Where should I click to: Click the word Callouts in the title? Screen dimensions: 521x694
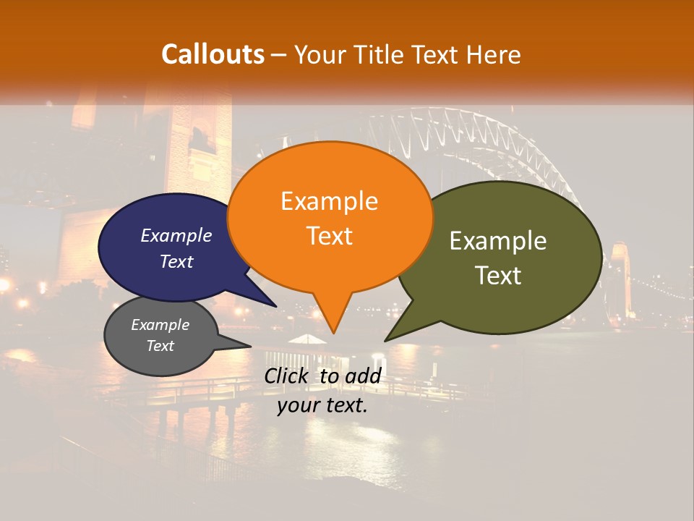[x=213, y=54]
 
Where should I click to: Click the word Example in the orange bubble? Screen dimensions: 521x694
[x=329, y=201]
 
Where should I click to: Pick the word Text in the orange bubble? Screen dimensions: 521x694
[x=329, y=236]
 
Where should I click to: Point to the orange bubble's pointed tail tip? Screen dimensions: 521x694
[x=333, y=333]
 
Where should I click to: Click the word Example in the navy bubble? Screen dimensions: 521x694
[x=176, y=236]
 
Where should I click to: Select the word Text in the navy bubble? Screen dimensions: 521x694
[x=176, y=261]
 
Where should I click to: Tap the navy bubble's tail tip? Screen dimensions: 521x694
[x=277, y=306]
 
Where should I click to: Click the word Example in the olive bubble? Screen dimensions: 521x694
[x=497, y=241]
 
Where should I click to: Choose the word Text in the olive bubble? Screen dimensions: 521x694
[x=497, y=276]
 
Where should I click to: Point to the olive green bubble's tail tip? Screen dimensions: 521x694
[x=385, y=340]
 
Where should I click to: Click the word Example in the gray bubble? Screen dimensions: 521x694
[x=160, y=325]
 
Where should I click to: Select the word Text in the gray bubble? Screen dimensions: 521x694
[x=160, y=346]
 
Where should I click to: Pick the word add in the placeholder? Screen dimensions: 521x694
[x=363, y=376]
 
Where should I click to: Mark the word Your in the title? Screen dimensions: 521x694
[x=321, y=54]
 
